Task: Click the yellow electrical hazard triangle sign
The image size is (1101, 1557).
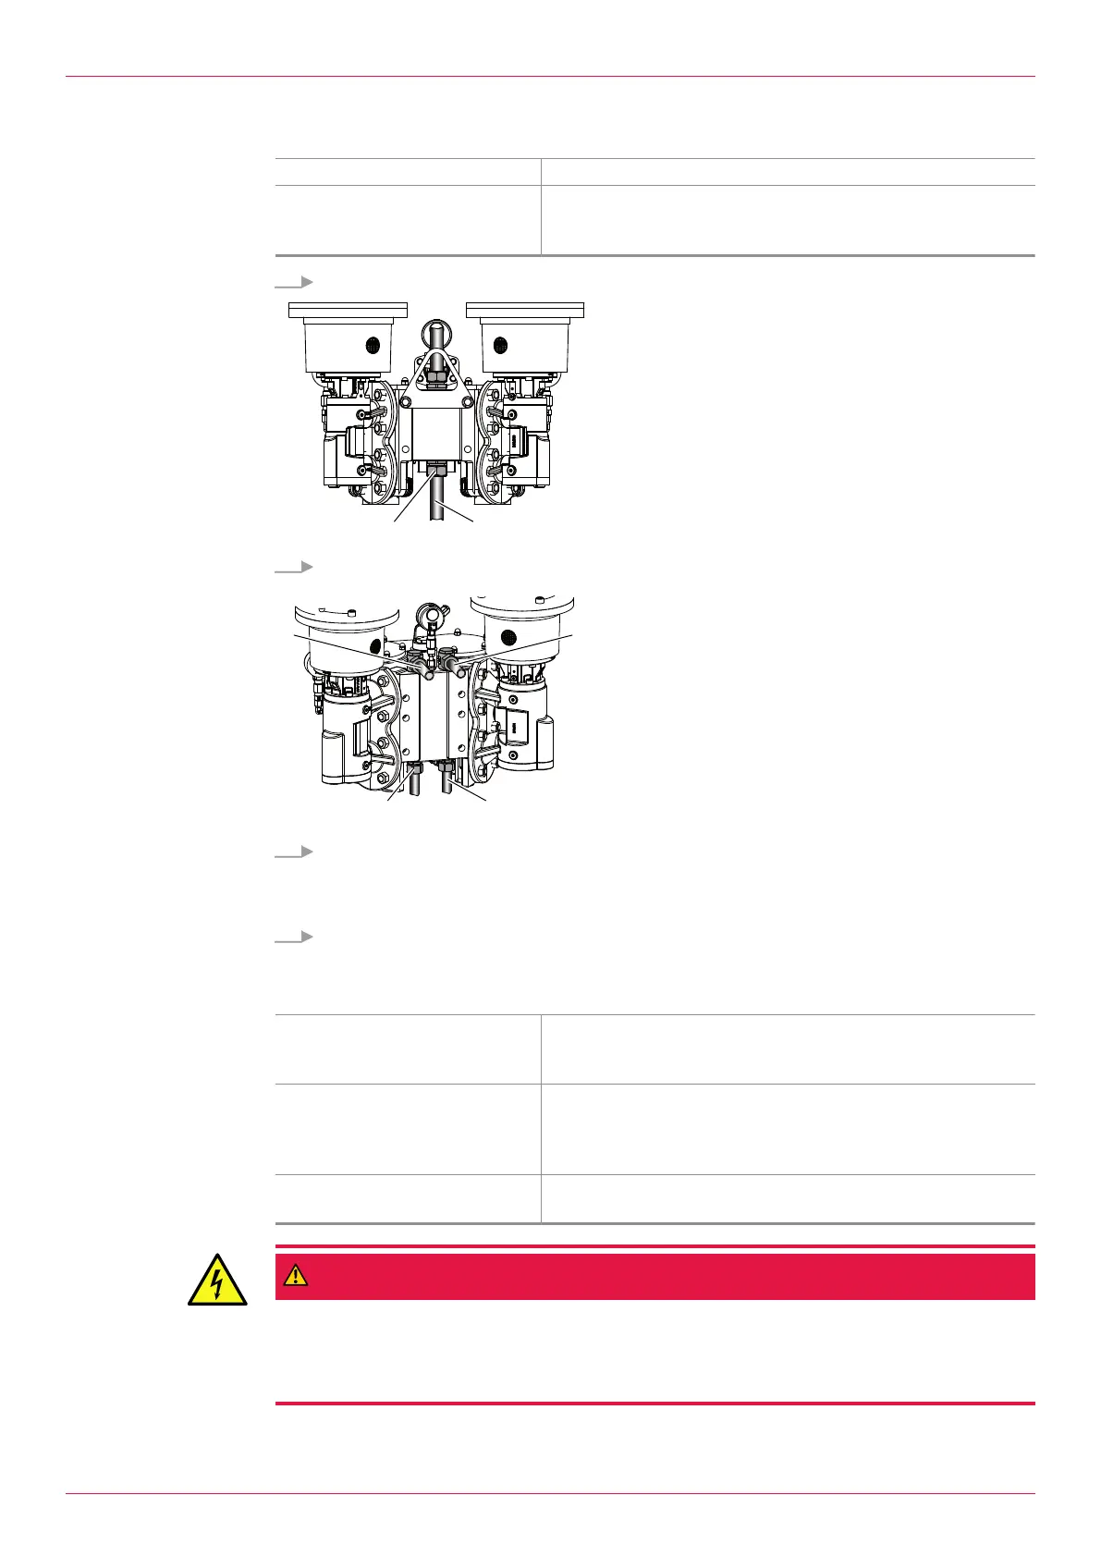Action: click(x=217, y=1280)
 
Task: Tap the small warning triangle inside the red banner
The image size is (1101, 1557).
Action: click(x=295, y=1276)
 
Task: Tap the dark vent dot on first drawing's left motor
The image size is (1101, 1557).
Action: click(x=373, y=345)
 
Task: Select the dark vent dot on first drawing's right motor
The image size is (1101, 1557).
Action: click(x=500, y=345)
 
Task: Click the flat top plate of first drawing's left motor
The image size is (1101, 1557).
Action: click(x=349, y=309)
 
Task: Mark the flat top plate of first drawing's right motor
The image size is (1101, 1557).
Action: click(x=526, y=309)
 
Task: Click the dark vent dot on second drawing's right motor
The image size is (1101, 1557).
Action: click(x=508, y=636)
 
